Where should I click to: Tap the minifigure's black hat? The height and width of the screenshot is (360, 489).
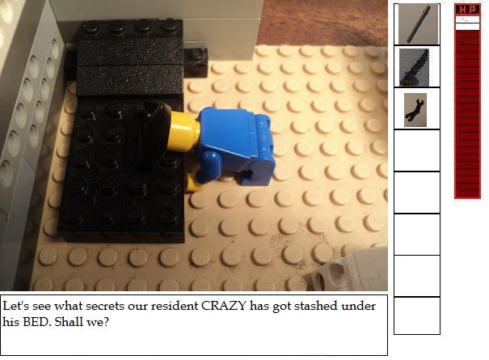[155, 134]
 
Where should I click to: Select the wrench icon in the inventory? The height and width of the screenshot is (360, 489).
[415, 110]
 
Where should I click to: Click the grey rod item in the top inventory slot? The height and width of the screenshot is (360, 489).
[419, 24]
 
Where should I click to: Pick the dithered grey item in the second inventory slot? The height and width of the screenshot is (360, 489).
[414, 67]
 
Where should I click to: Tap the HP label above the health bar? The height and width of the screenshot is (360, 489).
[467, 10]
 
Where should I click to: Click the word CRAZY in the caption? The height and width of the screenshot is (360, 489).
[224, 306]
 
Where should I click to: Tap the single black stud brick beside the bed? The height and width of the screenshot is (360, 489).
[196, 62]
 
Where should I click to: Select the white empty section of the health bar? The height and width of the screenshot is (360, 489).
[467, 23]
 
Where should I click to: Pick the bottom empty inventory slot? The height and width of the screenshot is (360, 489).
[417, 316]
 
